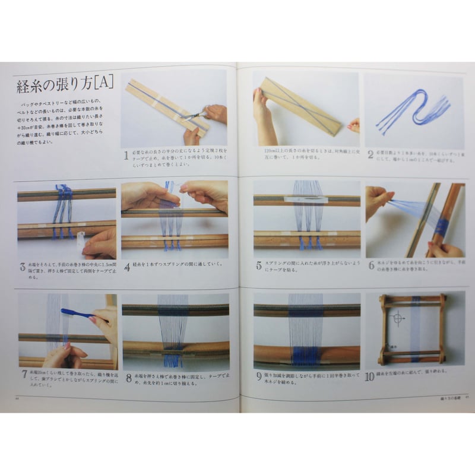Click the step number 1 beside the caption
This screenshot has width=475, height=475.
(x=126, y=156)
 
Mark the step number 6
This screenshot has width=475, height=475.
(x=370, y=265)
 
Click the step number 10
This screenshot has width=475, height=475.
(x=370, y=376)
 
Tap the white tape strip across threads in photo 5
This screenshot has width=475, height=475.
(x=305, y=199)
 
